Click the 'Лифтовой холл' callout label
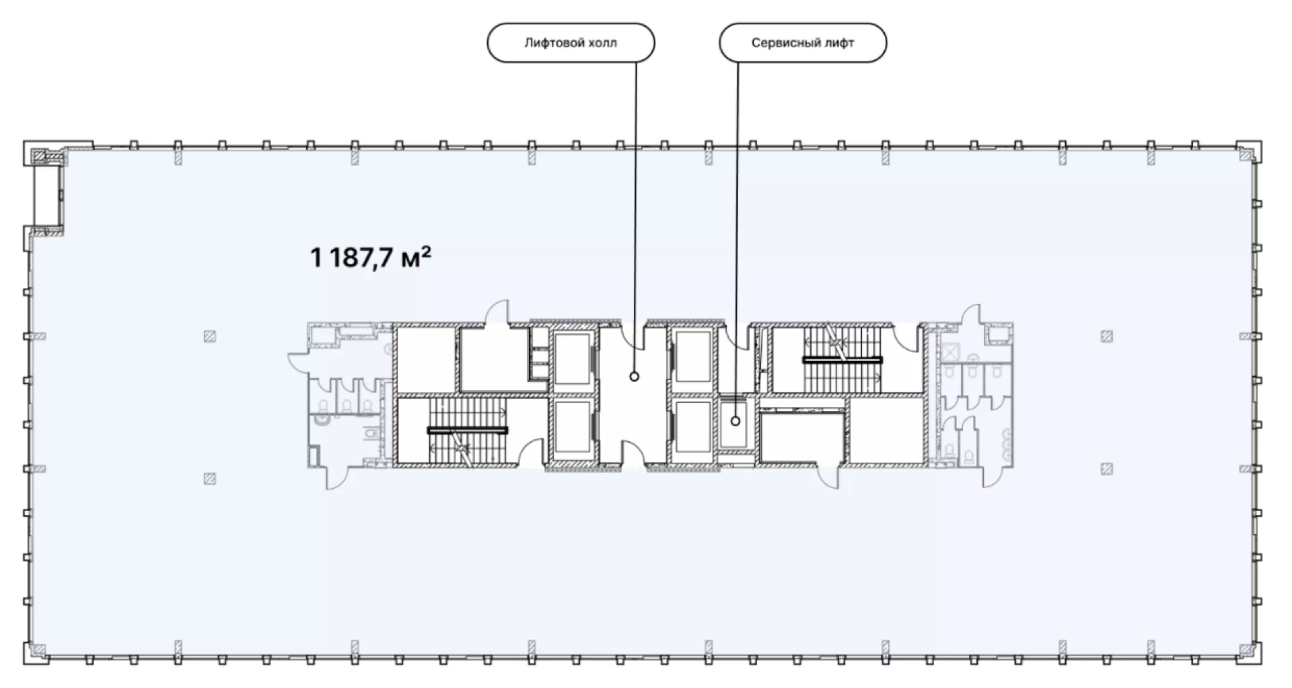tap(571, 43)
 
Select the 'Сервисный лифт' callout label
tap(803, 43)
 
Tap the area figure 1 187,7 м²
tap(370, 257)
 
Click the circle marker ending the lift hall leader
tap(634, 377)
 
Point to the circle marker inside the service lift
tap(735, 421)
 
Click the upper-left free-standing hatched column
tap(210, 336)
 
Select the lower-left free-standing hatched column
tap(210, 479)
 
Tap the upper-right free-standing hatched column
tap(1107, 336)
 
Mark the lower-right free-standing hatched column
tap(1107, 469)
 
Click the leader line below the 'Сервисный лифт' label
tap(737, 239)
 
